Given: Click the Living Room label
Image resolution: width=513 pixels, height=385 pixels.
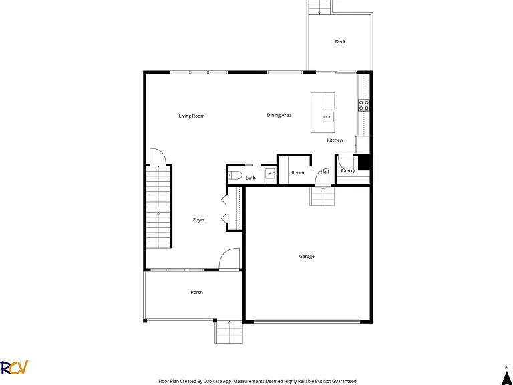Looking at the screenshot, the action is point(192,116).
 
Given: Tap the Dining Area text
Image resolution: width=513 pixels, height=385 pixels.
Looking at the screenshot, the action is point(279,115).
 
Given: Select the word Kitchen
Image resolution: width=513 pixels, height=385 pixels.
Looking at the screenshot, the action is point(335,140).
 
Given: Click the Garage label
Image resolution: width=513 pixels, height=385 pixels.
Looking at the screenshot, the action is point(307,257).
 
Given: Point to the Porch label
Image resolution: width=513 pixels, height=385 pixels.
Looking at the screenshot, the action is point(196,292).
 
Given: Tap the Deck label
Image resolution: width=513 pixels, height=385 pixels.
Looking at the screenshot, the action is point(340,41).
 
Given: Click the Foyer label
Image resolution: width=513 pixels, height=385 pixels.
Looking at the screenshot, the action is point(198,220).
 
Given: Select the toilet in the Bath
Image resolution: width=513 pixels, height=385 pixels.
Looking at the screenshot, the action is point(235,175).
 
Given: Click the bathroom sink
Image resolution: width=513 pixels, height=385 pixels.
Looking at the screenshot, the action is point(271,173).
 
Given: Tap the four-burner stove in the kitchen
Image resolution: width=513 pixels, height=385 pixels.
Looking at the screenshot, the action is point(364,105).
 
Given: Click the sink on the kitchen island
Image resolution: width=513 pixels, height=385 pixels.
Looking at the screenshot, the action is point(329,116).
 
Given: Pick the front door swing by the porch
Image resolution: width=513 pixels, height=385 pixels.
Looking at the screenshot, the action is point(229,259).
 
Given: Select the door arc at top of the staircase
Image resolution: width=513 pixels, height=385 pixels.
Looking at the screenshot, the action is point(158,156).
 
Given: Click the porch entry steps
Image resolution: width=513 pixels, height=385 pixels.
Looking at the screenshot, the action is point(228,332).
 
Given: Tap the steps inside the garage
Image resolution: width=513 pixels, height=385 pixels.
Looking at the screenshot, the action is point(322,195).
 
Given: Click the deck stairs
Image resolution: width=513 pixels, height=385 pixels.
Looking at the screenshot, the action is point(321,7).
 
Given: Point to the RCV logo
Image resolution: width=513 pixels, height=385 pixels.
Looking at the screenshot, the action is point(14,368).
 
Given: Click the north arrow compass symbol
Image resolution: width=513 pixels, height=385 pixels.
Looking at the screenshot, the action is point(506,379).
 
